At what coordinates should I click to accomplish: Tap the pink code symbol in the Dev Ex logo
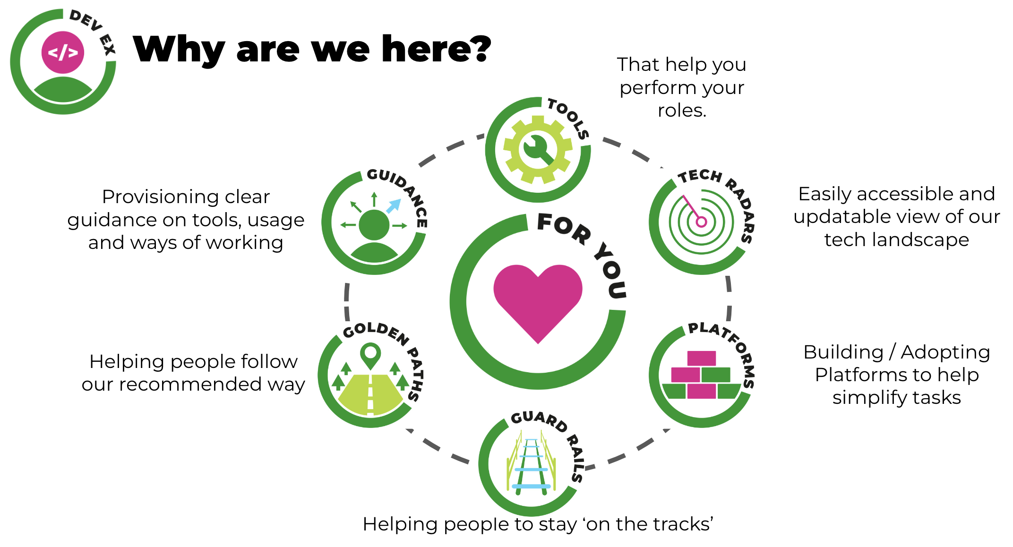(63, 52)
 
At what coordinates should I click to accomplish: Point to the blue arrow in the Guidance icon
(393, 206)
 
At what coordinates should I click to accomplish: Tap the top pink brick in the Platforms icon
(701, 358)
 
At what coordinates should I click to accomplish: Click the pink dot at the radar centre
(701, 222)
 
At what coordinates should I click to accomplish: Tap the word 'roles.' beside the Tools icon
(682, 111)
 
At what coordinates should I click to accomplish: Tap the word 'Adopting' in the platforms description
(945, 352)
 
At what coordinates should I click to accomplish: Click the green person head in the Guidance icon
(374, 225)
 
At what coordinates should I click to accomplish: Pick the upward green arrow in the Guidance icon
(374, 199)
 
